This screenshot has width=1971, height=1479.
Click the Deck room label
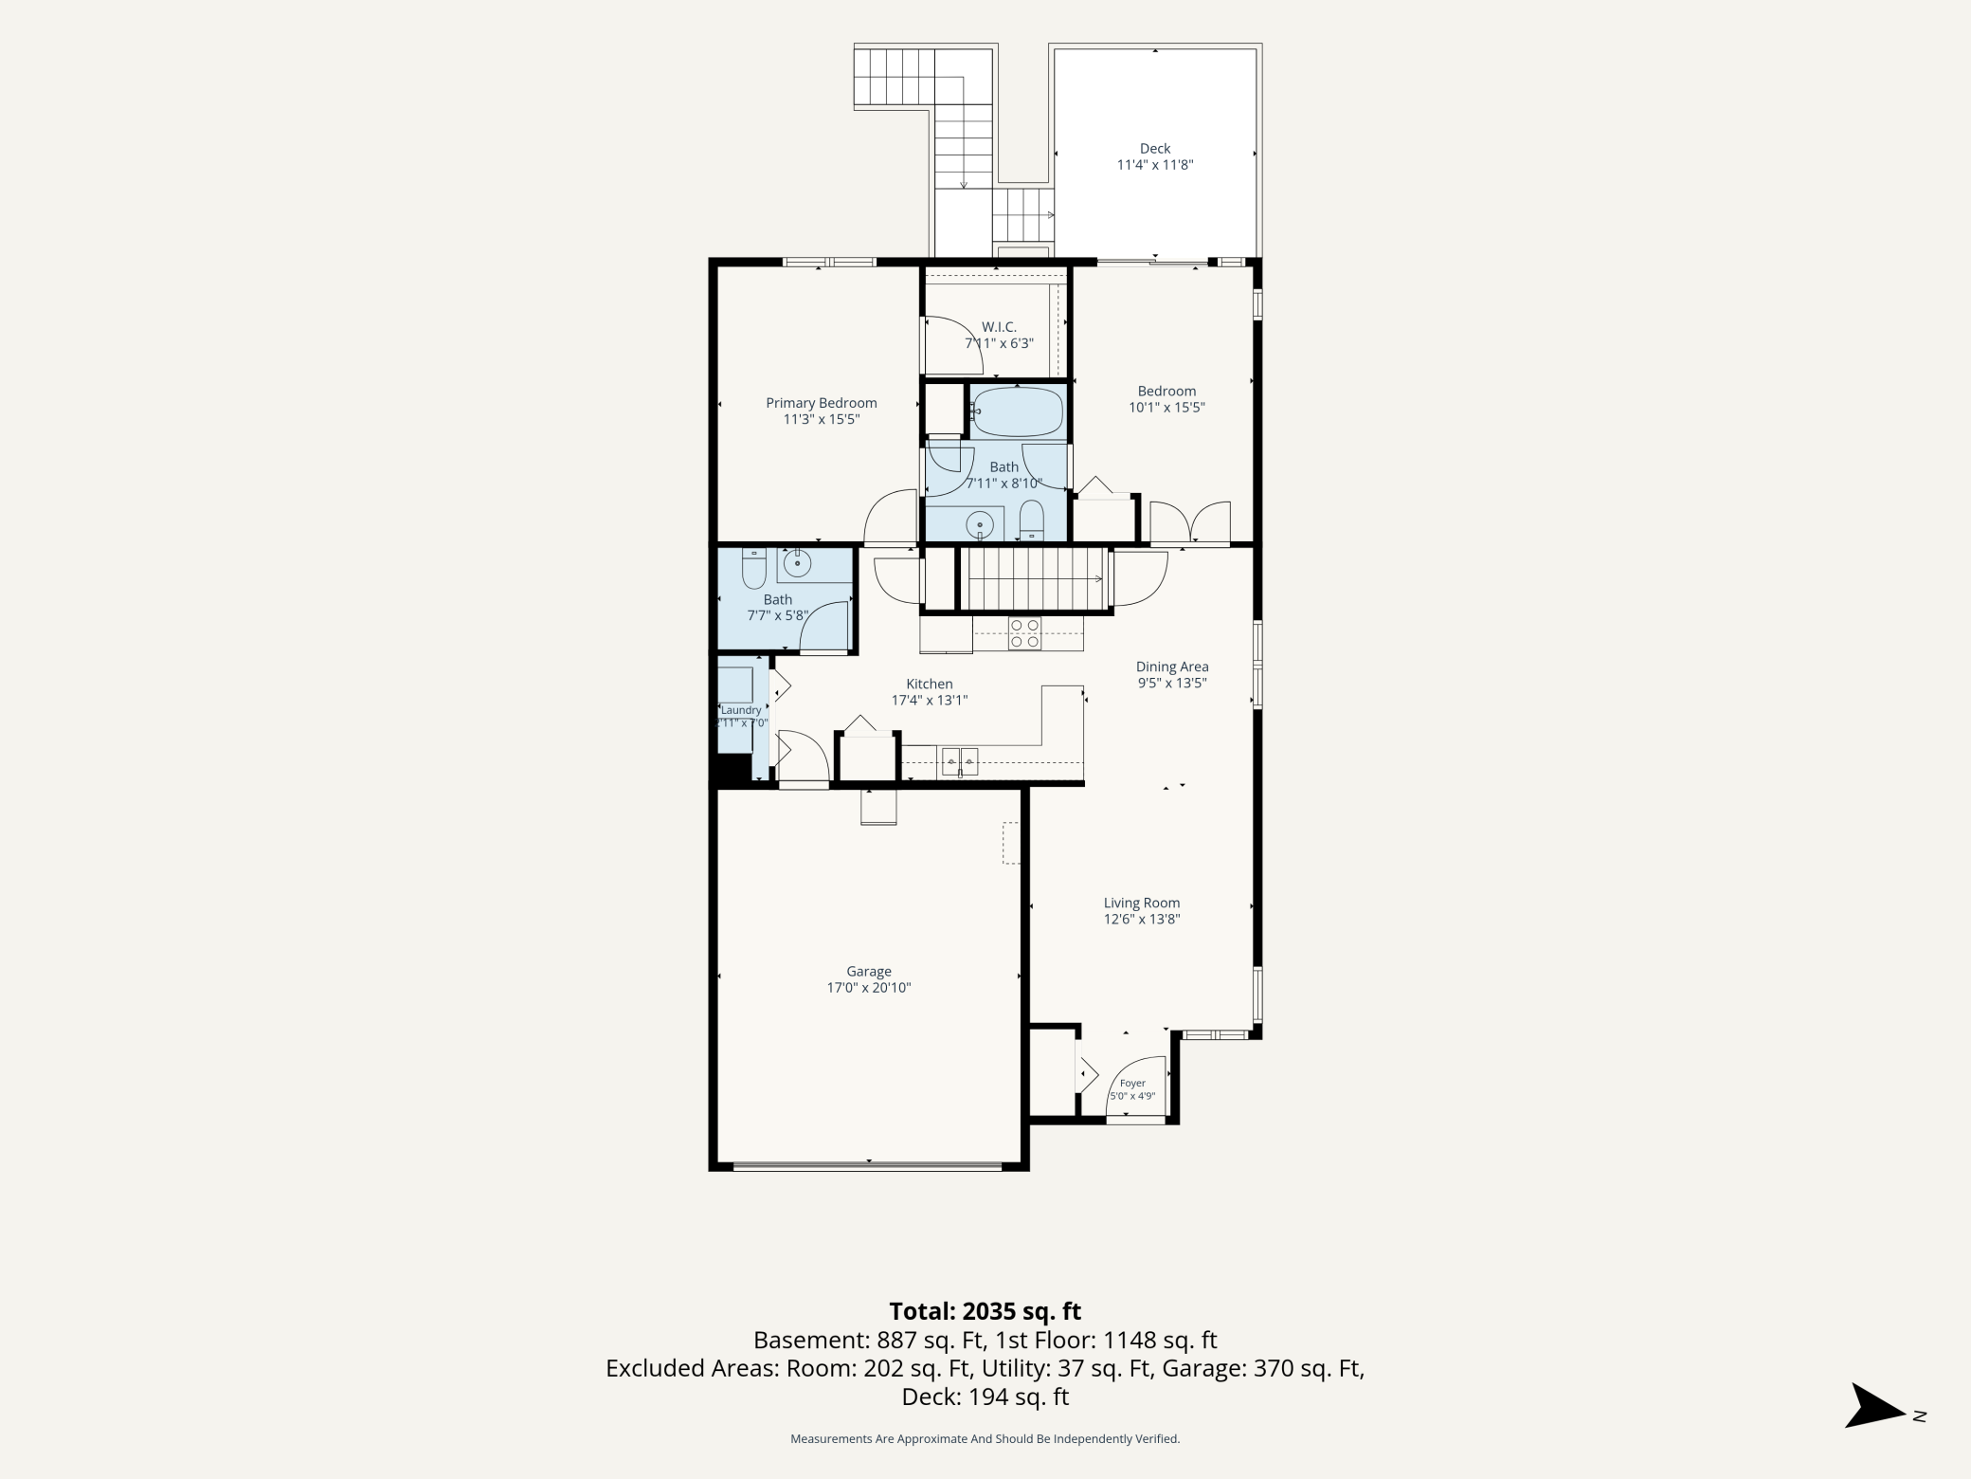pos(1154,148)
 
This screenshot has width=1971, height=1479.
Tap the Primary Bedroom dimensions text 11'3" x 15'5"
pos(821,419)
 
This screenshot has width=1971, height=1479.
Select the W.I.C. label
pos(999,327)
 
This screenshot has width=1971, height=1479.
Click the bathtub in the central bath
pos(1018,412)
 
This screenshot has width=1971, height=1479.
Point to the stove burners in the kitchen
pos(1024,633)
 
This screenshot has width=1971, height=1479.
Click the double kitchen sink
pos(960,760)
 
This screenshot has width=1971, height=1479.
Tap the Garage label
pos(869,971)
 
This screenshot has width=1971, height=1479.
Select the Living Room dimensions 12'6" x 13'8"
pos(1142,919)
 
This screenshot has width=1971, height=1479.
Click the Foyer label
pos(1132,1083)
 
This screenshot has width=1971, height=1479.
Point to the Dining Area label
pos(1172,666)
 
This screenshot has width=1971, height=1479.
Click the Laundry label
pos(741,710)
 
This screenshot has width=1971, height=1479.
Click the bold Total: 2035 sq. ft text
pos(985,1311)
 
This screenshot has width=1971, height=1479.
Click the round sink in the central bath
pos(980,523)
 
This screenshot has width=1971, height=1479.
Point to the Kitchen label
pos(930,684)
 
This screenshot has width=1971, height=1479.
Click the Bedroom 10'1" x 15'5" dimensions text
pos(1166,408)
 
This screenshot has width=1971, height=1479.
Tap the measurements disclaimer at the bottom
pos(985,1439)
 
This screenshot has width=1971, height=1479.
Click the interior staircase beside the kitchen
pos(1035,579)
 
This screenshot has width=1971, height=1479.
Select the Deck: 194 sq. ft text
pos(985,1397)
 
